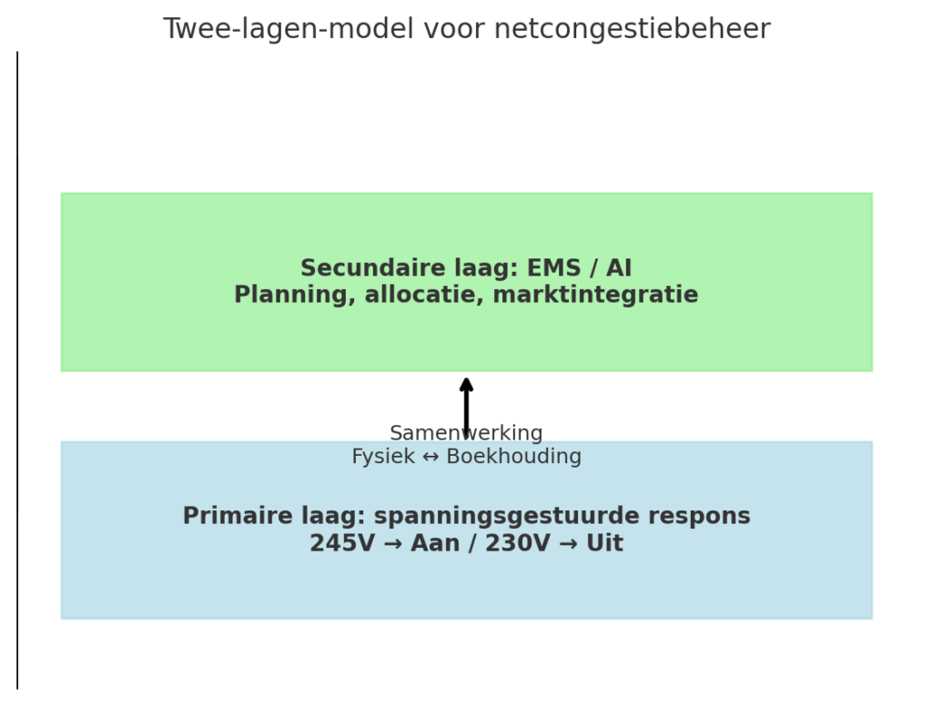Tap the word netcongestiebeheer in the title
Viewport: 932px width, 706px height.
coord(633,28)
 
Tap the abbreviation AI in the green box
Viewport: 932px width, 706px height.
coord(619,268)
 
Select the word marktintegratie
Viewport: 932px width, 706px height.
coord(595,295)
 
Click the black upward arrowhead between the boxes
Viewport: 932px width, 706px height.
coord(467,384)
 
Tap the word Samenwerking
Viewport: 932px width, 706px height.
coord(467,433)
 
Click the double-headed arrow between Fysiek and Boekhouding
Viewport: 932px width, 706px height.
coord(431,457)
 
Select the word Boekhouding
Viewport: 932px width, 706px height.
coord(514,457)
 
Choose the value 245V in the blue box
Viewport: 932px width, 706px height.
coord(342,543)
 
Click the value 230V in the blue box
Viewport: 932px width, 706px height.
coord(518,543)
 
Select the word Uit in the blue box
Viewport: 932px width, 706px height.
coord(605,543)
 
